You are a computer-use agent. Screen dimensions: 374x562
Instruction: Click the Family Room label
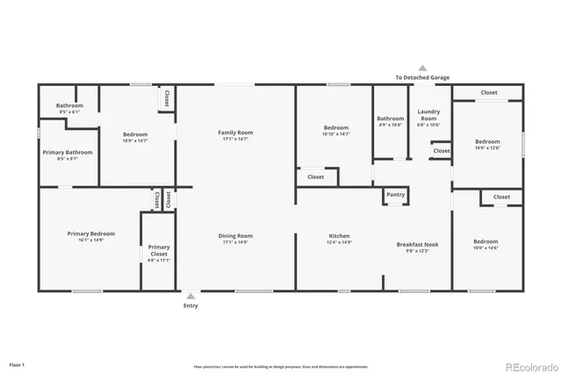pos(235,133)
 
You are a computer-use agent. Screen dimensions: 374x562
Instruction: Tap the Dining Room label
pos(235,235)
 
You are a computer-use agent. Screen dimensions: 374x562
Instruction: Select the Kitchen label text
pos(340,235)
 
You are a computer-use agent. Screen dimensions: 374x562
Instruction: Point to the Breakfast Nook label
pos(417,244)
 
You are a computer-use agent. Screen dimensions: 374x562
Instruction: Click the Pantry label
pos(395,194)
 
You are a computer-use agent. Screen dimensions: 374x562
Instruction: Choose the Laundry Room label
pos(428,115)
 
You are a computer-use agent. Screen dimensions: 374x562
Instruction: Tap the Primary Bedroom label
pos(91,234)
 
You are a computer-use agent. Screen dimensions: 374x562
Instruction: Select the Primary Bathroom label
pos(68,152)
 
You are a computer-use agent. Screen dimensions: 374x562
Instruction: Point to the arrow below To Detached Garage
pos(421,68)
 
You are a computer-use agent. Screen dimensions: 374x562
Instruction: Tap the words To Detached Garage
pos(421,77)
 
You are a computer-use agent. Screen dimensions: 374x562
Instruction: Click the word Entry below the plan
pos(191,306)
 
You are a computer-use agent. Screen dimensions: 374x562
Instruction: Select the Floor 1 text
pos(17,363)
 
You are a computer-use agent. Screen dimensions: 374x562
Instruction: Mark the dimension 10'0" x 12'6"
pos(487,147)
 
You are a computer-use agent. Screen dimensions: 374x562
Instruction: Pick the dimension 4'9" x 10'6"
pos(390,125)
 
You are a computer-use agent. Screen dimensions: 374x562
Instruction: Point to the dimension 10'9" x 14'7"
pos(134,140)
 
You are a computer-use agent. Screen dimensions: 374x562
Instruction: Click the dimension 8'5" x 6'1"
pos(69,112)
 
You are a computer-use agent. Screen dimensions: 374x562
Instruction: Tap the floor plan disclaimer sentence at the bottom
pos(280,366)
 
